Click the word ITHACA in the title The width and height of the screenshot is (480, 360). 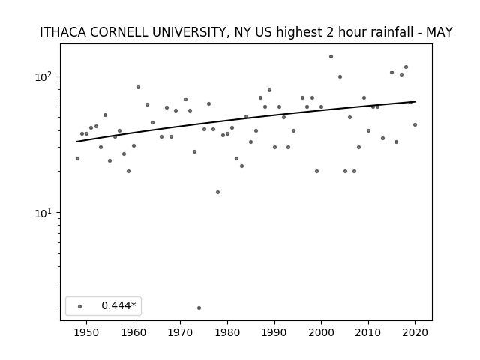pos(63,32)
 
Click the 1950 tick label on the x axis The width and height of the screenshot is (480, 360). pos(87,332)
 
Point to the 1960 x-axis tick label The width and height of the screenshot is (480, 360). pos(133,332)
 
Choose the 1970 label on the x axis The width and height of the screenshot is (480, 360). pos(181,332)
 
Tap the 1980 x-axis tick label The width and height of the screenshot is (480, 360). pos(227,332)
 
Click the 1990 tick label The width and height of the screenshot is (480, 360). pos(274,332)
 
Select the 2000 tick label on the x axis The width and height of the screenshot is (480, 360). pos(322,332)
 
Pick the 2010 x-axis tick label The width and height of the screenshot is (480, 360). pos(368,332)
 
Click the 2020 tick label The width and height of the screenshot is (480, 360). pos(415,332)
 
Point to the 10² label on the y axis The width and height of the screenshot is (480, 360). pos(45,76)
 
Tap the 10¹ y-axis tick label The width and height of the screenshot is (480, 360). pos(45,213)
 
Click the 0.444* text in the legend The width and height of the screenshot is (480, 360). pos(118,305)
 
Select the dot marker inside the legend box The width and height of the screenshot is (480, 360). pos(80,306)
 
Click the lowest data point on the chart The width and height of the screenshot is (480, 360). pos(199,307)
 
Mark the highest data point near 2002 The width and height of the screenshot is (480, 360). pos(331,57)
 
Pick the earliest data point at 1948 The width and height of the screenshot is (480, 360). pos(77,158)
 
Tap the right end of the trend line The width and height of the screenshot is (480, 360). pos(415,102)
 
